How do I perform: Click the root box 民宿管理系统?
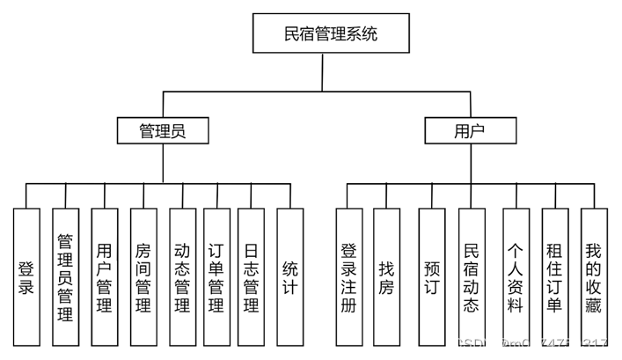coord(331,34)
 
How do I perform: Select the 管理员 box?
coord(163,131)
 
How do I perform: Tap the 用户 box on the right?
coord(470,131)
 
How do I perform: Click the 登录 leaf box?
coord(26,276)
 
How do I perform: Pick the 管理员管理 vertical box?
coord(65,276)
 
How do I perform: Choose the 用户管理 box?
coord(104,276)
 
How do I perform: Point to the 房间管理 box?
coord(143,276)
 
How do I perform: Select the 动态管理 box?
coord(182,276)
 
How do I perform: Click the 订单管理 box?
coord(216,276)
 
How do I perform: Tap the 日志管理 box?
coord(250,276)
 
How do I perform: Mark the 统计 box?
coord(289,276)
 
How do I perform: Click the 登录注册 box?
coord(349,276)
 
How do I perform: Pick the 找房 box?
coord(387,276)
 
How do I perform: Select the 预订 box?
coord(431,276)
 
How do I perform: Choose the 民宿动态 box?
coord(471,276)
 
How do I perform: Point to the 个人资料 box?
coord(516,276)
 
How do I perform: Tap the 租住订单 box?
coord(554,276)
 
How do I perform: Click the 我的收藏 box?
coord(592,276)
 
